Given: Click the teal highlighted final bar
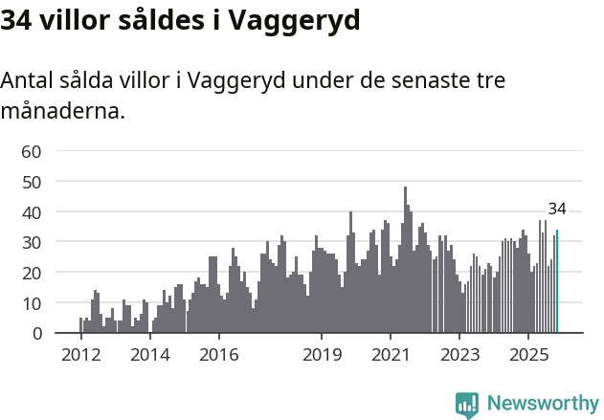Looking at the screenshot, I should [x=557, y=281].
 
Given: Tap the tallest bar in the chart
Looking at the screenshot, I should [x=405, y=260].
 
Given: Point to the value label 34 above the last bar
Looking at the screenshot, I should [x=557, y=210].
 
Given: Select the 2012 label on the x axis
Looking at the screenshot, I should [x=81, y=355].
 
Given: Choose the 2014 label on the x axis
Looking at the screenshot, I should [x=150, y=355].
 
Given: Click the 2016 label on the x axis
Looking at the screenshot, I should [x=219, y=355].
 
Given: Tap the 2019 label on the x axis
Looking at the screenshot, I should [x=322, y=355].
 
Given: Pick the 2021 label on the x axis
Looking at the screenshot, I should [x=391, y=355].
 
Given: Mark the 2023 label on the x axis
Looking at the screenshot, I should [x=459, y=355].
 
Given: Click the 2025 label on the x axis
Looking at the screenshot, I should [x=528, y=355].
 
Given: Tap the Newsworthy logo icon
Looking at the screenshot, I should [x=467, y=405].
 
